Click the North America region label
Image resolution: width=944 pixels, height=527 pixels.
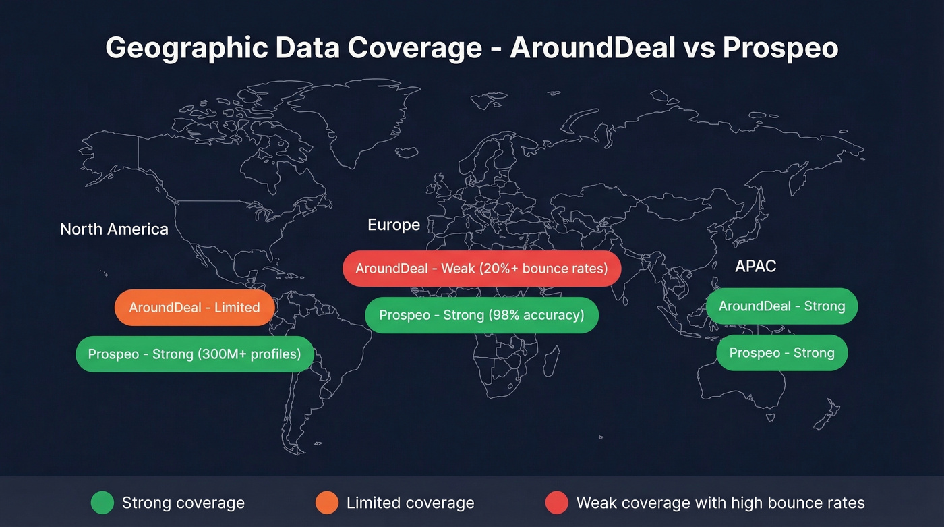pos(114,229)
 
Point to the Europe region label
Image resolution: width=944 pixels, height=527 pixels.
pos(394,225)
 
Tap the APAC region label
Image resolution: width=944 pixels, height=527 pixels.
pos(755,266)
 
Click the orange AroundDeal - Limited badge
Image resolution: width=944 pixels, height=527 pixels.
pos(194,308)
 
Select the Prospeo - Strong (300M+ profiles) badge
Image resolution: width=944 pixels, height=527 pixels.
pos(194,354)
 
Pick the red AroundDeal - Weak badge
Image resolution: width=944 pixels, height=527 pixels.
pos(481,269)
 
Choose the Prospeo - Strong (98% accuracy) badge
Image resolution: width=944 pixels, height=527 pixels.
pos(481,315)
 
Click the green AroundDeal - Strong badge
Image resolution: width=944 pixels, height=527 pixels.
pos(781,306)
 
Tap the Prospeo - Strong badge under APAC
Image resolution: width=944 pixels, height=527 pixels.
pos(781,353)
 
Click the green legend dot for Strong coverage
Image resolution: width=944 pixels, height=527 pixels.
pos(102,503)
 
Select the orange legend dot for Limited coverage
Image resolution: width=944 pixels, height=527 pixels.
pos(326,503)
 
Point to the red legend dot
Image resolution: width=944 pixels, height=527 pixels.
pos(556,503)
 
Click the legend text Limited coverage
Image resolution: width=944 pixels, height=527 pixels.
pos(410,503)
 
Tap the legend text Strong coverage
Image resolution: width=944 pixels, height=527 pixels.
pos(183,503)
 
